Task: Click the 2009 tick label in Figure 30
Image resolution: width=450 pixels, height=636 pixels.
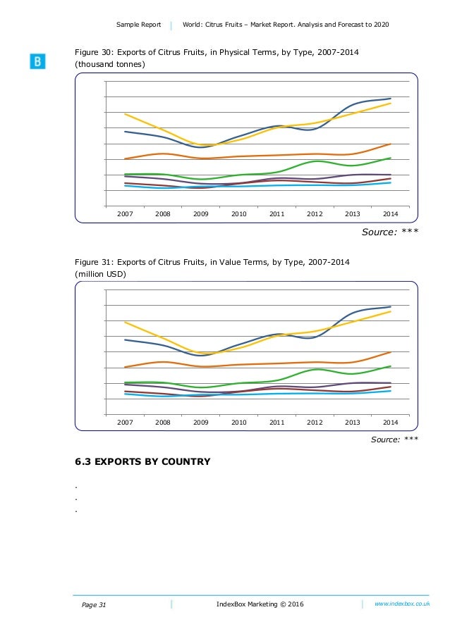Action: (201, 213)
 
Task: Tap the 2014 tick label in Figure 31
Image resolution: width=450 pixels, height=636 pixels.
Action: (390, 422)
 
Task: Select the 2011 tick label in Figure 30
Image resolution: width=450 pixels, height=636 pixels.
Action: (276, 213)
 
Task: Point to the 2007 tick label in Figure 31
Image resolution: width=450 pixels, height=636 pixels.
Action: (125, 422)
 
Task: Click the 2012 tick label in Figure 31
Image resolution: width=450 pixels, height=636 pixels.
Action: (315, 422)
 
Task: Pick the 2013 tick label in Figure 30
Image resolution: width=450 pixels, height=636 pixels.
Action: (353, 213)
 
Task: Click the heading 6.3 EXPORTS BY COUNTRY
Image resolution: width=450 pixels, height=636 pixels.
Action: (142, 462)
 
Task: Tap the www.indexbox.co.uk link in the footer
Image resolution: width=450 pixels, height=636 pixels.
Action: (402, 604)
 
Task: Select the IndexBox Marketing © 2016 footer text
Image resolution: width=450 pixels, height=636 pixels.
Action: (260, 604)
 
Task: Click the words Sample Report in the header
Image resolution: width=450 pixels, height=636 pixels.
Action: (138, 25)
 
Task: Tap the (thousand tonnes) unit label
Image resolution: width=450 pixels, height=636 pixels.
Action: (111, 66)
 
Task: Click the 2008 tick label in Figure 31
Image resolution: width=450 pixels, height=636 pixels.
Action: (163, 422)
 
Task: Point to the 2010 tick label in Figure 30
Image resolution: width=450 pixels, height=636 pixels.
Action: (239, 213)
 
